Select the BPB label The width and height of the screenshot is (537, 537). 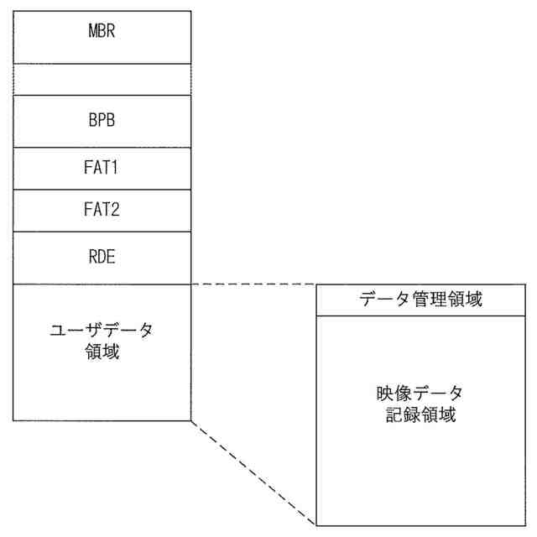pyautogui.click(x=102, y=120)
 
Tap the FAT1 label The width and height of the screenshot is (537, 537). pyautogui.click(x=102, y=168)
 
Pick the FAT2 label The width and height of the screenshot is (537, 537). pyautogui.click(x=102, y=210)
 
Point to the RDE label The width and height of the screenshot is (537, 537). pyautogui.click(x=102, y=257)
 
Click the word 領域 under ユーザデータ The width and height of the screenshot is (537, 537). pyautogui.click(x=102, y=352)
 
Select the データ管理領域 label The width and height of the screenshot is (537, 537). pyautogui.click(x=420, y=300)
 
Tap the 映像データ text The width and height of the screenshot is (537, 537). pyautogui.click(x=420, y=394)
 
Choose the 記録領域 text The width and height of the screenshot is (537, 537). pyautogui.click(x=420, y=414)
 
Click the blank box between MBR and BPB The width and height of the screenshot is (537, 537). pyautogui.click(x=102, y=79)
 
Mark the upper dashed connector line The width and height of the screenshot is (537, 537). pyautogui.click(x=252, y=284)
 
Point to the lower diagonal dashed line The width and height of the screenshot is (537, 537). pyautogui.click(x=252, y=472)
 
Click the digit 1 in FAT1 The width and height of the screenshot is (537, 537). pyautogui.click(x=117, y=168)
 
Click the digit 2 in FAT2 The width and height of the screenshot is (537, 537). pyautogui.click(x=116, y=210)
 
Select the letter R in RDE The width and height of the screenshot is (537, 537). pyautogui.click(x=91, y=257)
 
